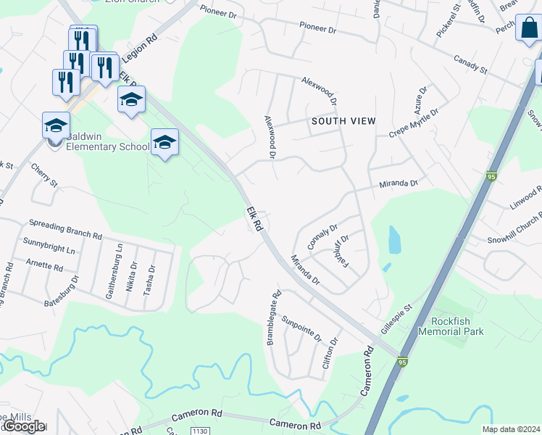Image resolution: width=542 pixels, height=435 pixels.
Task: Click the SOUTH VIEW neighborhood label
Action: [343, 121]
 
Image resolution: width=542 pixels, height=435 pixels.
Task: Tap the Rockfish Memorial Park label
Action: [456, 326]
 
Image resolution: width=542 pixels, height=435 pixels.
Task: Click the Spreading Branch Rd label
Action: [64, 228]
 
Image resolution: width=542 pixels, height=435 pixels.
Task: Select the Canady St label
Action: [470, 63]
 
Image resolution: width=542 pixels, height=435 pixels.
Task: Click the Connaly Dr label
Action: [323, 236]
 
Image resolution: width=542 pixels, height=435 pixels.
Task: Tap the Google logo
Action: [24, 426]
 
